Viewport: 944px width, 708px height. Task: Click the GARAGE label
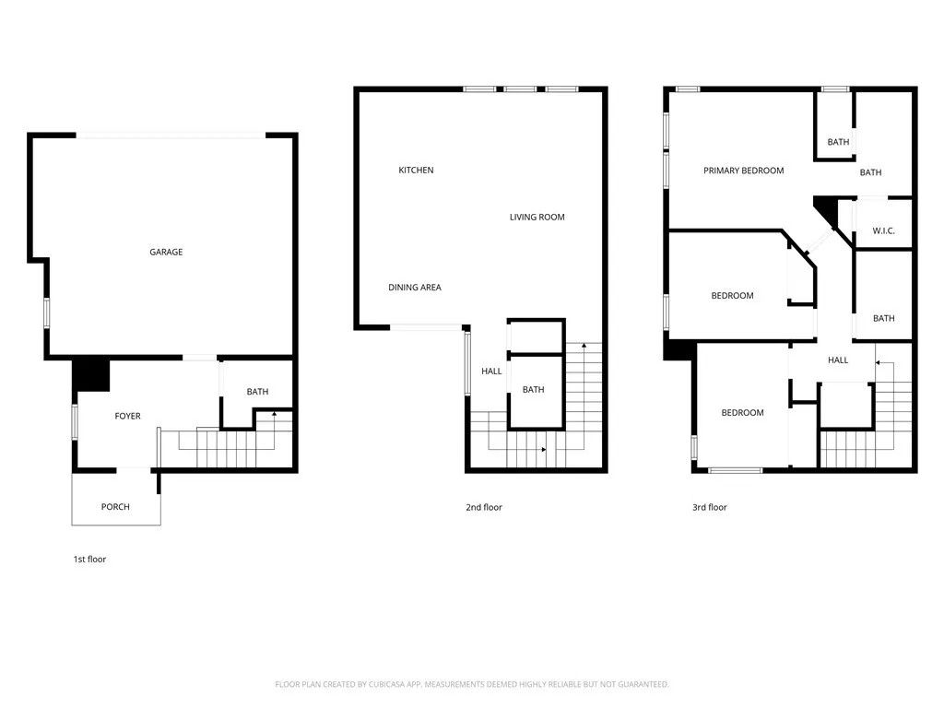[166, 252]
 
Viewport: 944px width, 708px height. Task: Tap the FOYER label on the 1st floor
[127, 417]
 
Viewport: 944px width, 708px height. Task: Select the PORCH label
[115, 507]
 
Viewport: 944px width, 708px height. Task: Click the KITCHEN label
[416, 171]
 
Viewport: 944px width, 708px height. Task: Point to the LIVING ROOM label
[537, 218]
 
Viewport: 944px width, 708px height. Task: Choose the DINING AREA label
[415, 288]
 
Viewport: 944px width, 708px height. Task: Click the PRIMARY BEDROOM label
[743, 171]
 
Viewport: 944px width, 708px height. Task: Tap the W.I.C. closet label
[883, 231]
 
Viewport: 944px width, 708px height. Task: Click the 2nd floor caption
[484, 507]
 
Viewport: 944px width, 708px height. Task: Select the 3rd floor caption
[710, 507]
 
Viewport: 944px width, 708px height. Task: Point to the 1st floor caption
[90, 559]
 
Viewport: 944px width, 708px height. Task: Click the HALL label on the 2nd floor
[491, 372]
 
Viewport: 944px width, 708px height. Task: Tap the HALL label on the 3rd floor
[838, 360]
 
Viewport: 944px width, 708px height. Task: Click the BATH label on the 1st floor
[257, 392]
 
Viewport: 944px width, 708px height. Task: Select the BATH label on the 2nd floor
[533, 390]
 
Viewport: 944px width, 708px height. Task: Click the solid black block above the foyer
[91, 374]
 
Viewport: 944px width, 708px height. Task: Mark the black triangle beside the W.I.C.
[827, 209]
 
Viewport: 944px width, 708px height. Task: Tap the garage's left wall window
[46, 312]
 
